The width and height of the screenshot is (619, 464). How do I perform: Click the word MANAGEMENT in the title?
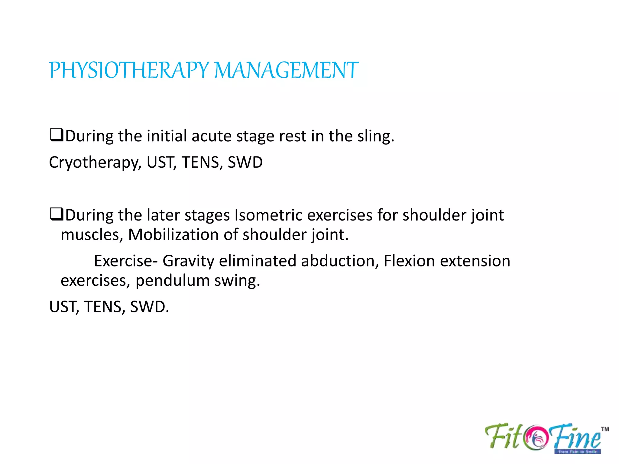tap(286, 70)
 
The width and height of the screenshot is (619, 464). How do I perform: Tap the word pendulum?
tap(172, 281)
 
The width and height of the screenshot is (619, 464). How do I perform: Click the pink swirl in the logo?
tap(537, 437)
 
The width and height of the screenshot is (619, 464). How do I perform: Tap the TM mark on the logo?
tap(604, 429)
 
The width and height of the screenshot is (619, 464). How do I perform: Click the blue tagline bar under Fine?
tap(577, 452)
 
